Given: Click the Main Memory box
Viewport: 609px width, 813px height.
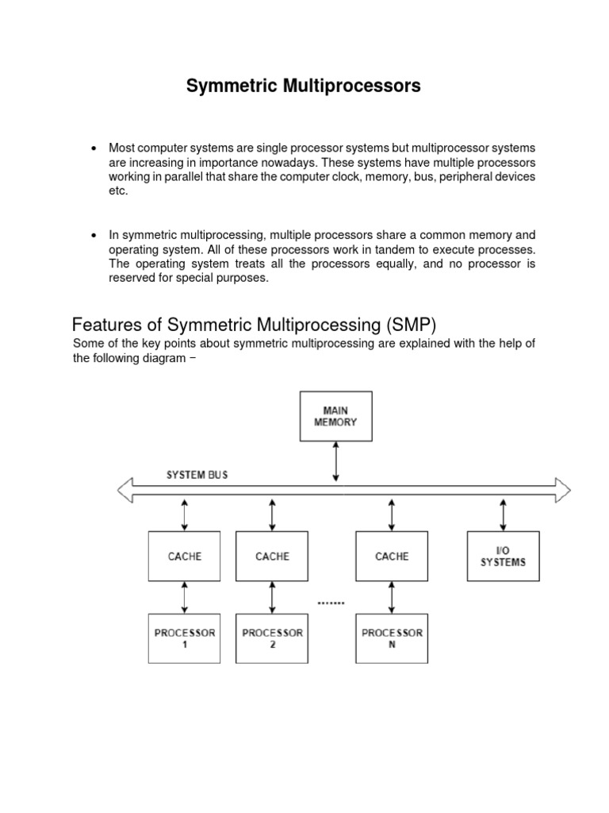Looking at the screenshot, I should tap(335, 416).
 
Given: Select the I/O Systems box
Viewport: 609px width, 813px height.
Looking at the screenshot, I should tap(503, 556).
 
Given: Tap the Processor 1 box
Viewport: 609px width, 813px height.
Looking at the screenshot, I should tap(185, 638).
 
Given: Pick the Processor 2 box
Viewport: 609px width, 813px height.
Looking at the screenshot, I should tap(272, 638).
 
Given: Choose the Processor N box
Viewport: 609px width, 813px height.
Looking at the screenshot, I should tap(392, 638).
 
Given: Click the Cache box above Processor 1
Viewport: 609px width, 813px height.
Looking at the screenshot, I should tap(185, 556).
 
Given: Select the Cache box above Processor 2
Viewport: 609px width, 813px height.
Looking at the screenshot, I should tap(272, 556).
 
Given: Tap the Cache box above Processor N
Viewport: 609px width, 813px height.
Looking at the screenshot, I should tap(392, 556).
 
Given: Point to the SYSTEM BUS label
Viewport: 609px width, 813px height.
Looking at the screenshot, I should tap(197, 475).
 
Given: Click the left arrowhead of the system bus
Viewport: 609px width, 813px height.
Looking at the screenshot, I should tap(125, 491).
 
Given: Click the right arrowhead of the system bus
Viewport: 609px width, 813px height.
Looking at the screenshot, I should tap(562, 491).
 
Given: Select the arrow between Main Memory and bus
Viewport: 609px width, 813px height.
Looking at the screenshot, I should tap(336, 461).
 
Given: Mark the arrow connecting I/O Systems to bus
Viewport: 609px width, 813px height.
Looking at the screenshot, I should tap(503, 515).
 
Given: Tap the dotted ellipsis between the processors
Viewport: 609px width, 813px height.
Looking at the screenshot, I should tap(331, 603).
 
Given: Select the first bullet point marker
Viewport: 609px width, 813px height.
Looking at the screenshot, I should tap(94, 148).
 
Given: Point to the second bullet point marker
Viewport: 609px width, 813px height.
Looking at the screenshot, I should tap(94, 236).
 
